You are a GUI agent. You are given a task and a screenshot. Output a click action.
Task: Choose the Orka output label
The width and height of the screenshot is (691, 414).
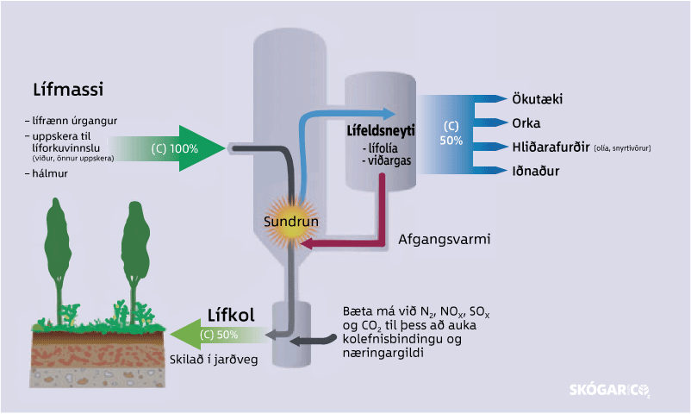coord(526,123)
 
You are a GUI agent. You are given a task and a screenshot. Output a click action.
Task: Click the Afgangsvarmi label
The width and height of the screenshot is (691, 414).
coord(444,239)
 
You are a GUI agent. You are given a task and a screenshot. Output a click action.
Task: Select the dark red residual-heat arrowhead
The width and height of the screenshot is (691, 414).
coord(304,245)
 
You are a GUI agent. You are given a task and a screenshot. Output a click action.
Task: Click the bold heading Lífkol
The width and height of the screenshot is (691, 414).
coord(231,315)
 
